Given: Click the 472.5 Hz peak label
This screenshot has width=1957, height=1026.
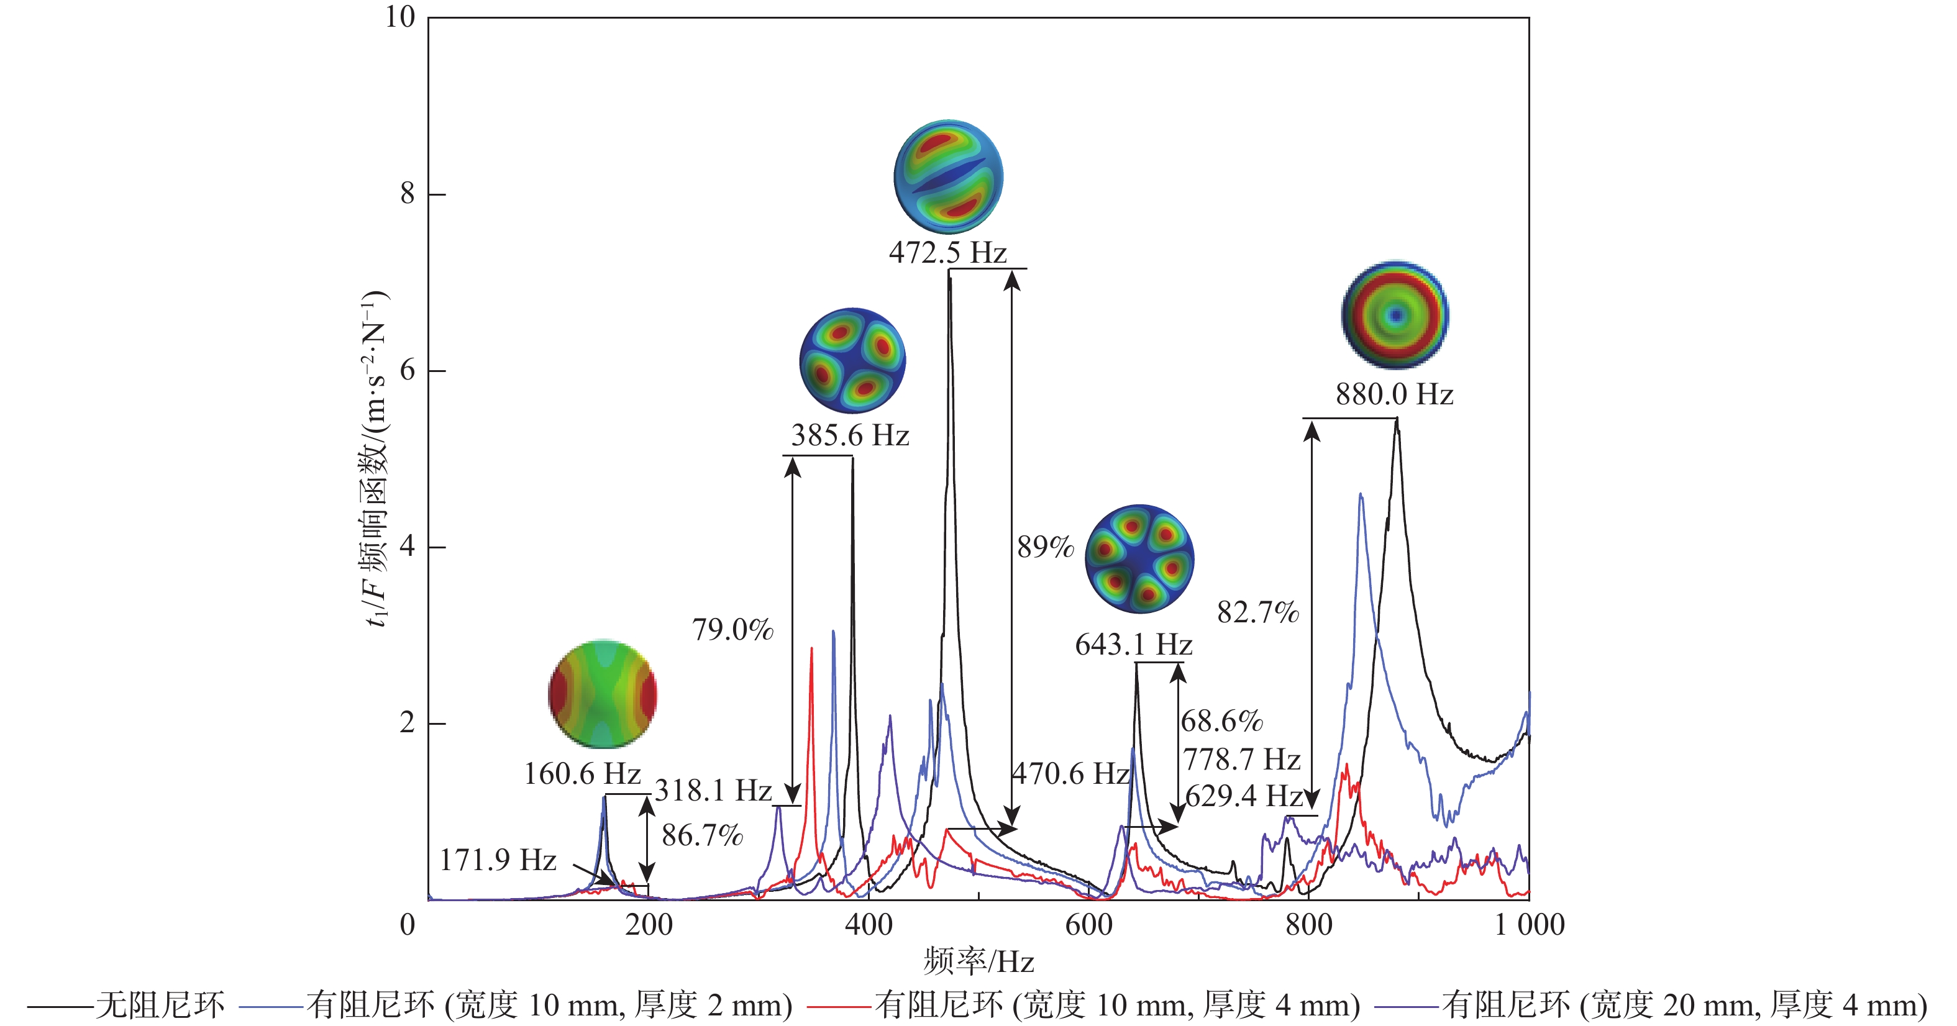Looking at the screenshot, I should [947, 253].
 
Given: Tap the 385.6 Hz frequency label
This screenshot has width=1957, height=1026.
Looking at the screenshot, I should [850, 436].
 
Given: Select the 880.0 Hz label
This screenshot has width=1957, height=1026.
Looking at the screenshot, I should [1394, 395].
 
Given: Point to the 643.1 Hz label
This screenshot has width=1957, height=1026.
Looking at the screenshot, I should [1133, 645].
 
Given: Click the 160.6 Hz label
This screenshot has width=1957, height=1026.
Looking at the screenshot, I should [583, 774].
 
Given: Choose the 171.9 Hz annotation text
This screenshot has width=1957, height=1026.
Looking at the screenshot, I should [498, 860].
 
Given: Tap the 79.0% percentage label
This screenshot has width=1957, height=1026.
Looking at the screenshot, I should [732, 630].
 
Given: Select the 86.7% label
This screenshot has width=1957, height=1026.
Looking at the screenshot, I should [702, 836].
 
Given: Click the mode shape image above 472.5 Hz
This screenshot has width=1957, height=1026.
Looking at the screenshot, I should [948, 176].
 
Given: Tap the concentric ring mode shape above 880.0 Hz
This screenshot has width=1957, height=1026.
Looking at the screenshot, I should [1395, 314].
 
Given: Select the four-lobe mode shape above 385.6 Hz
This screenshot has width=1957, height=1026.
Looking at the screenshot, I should [852, 361].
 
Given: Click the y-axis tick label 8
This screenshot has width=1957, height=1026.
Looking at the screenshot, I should [408, 194].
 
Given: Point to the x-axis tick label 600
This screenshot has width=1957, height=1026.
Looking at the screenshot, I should [1088, 925].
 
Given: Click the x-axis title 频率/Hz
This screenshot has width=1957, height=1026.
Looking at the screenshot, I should [978, 962].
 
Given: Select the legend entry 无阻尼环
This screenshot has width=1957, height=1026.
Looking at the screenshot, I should [160, 1006].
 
